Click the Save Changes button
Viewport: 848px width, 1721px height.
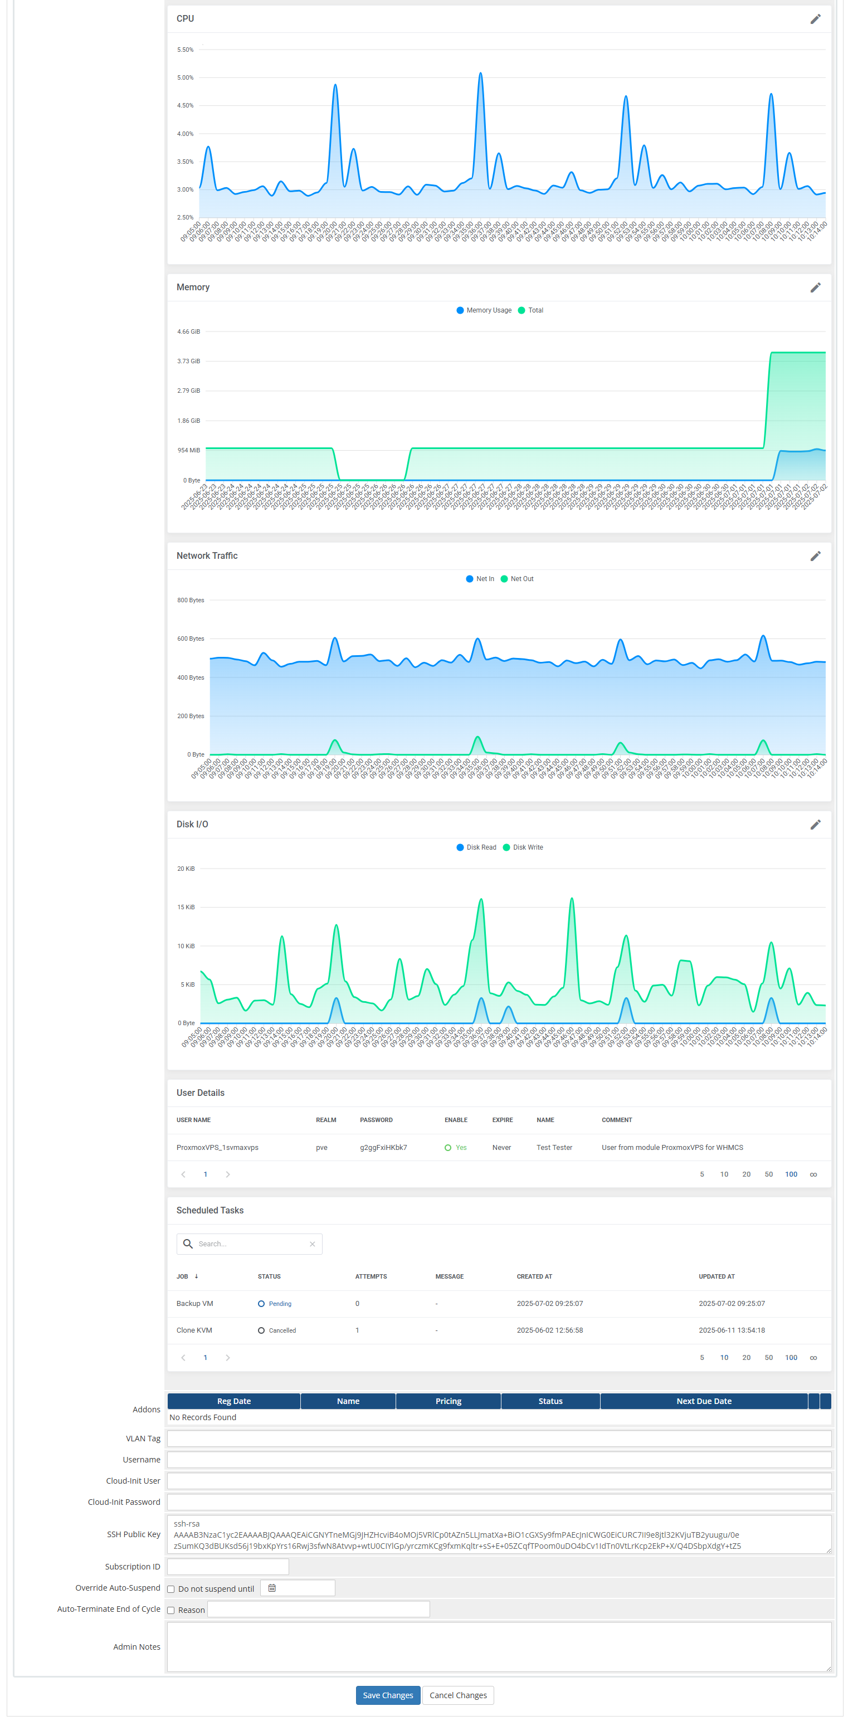click(x=388, y=1694)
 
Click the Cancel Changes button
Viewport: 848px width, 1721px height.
click(x=458, y=1694)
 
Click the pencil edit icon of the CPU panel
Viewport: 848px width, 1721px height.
click(x=815, y=19)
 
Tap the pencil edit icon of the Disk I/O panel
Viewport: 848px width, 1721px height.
click(x=815, y=825)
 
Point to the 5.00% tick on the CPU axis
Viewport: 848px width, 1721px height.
click(x=185, y=77)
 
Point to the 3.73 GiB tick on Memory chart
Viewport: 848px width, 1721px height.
click(x=188, y=361)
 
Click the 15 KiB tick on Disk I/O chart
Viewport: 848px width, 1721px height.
click(x=186, y=906)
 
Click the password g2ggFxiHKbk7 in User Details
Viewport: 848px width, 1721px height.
click(x=383, y=1147)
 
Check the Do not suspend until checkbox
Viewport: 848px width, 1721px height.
click(x=171, y=1589)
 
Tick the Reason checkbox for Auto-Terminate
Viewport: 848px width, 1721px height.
click(x=171, y=1610)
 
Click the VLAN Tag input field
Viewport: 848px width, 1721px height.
click(x=499, y=1438)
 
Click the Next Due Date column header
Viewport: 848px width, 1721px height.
click(x=703, y=1401)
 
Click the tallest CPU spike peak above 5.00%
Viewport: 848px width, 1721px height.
click(x=480, y=74)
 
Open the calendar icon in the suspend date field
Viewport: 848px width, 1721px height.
click(x=272, y=1588)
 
